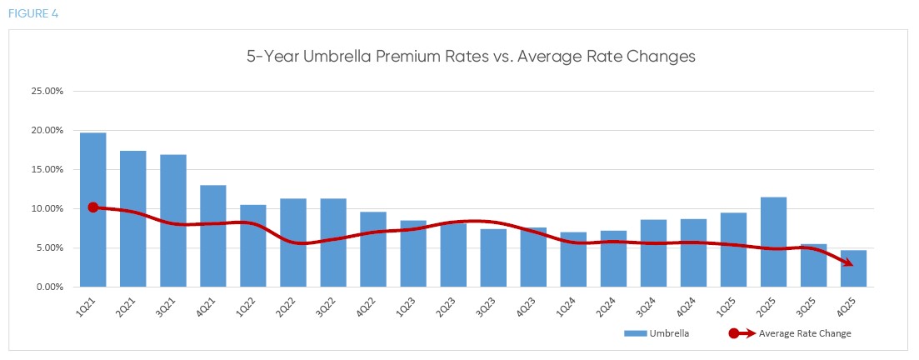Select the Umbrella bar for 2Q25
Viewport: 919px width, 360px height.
[x=773, y=242]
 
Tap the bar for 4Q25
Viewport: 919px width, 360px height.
[x=853, y=268]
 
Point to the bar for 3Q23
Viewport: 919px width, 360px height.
[x=493, y=257]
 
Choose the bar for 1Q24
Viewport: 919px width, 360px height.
[x=573, y=259]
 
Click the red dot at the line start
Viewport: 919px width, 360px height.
[x=92, y=207]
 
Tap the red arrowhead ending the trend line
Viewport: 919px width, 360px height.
[x=848, y=263]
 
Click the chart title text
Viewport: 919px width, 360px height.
[x=471, y=57]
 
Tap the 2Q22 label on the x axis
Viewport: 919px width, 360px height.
[x=283, y=305]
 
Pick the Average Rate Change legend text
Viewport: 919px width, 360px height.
[x=804, y=333]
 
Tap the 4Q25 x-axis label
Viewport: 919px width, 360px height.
[x=843, y=305]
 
